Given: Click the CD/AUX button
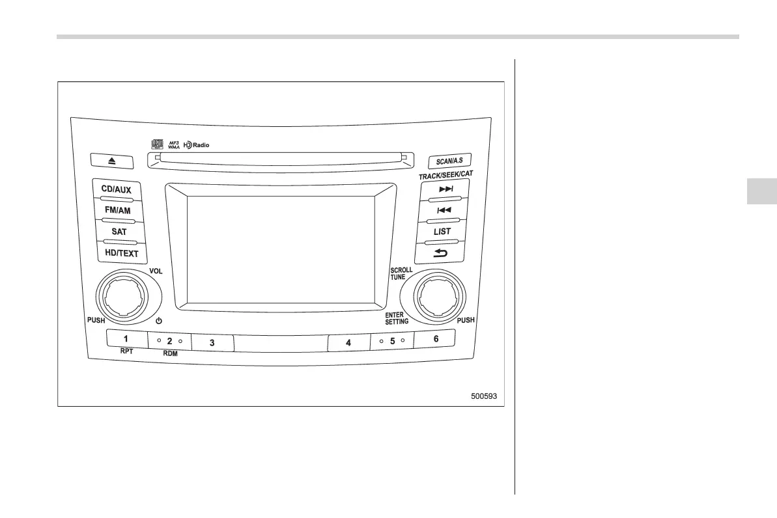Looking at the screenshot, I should pyautogui.click(x=116, y=189).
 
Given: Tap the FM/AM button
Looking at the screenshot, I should pyautogui.click(x=117, y=210).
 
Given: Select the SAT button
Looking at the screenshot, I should pyautogui.click(x=119, y=231).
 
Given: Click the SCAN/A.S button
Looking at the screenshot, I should pyautogui.click(x=449, y=161).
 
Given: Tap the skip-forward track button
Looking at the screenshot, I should pyautogui.click(x=446, y=189).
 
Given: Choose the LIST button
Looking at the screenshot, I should pyautogui.click(x=442, y=231).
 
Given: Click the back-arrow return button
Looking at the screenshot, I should pyautogui.click(x=441, y=252).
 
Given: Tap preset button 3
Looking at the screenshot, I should pyautogui.click(x=212, y=342).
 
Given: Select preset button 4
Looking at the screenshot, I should pyautogui.click(x=348, y=342).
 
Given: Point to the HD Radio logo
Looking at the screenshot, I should pyautogui.click(x=196, y=144).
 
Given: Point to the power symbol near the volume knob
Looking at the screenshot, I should pyautogui.click(x=158, y=321).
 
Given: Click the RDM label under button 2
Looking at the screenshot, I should pyautogui.click(x=169, y=354).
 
